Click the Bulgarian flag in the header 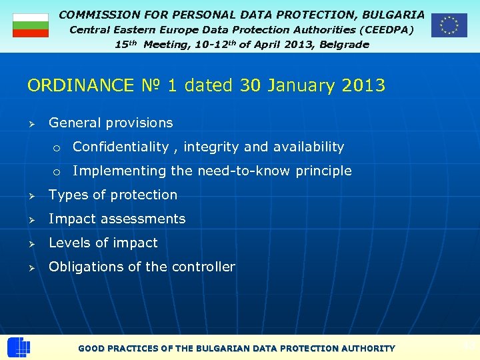(x=31, y=25)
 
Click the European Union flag (x=449, y=25)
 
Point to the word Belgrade (x=345, y=45)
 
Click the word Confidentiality (x=121, y=147)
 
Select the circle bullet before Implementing (x=57, y=171)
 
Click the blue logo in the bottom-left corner (x=18, y=347)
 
